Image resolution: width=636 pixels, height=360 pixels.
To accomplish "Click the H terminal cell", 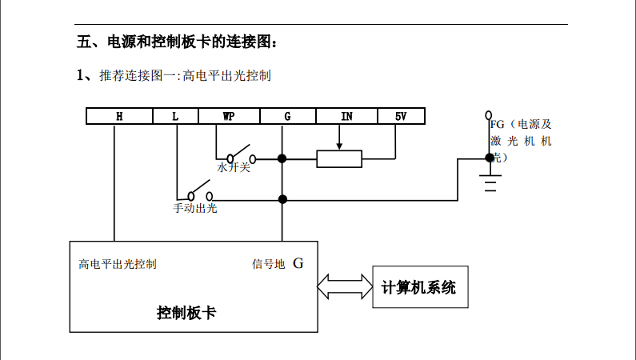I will tap(119, 117).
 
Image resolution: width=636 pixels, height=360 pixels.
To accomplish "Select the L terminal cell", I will tap(175, 117).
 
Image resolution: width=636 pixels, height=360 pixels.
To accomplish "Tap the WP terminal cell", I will tap(229, 117).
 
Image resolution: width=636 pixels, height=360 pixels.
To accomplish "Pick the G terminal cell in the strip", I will tap(287, 117).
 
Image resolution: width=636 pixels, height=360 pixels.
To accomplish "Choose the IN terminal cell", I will tap(346, 117).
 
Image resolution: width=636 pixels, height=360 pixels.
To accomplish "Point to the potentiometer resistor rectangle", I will tap(339, 158).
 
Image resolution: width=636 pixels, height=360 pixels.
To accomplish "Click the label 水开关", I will tap(234, 169).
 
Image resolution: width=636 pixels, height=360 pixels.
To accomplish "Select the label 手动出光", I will tap(195, 209).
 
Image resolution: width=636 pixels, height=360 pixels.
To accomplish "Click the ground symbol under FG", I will tap(490, 183).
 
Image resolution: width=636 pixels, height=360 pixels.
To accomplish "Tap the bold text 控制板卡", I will tap(186, 312).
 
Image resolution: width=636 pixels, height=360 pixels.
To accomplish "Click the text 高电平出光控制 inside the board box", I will tap(118, 264).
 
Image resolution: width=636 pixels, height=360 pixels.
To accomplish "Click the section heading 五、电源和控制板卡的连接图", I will tap(177, 42).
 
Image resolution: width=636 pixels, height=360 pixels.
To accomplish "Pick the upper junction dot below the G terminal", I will tap(282, 158).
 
